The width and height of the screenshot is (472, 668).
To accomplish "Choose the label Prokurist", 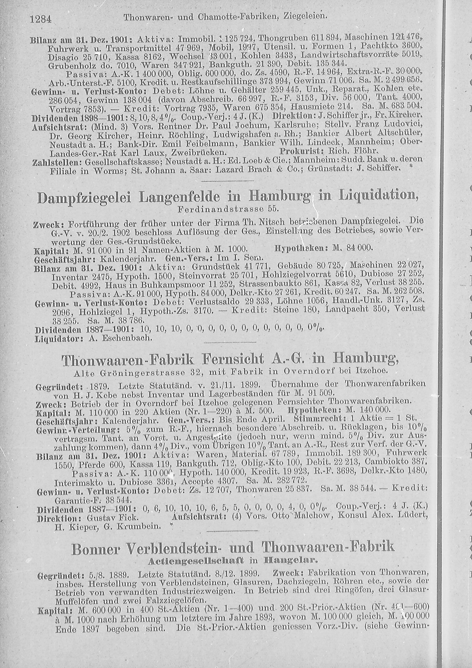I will point(301,151).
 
